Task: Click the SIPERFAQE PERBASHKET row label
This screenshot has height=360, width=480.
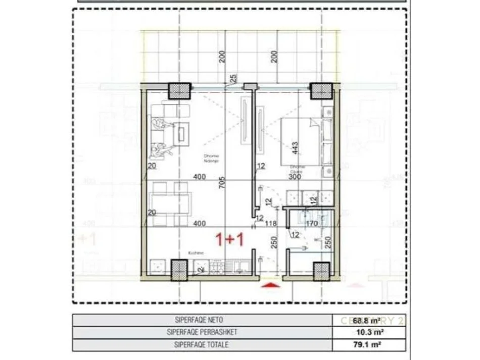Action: coord(203,332)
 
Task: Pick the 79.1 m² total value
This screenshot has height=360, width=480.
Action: coord(373,345)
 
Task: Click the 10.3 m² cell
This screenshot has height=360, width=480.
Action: coord(373,332)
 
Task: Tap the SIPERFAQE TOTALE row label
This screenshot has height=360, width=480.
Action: coord(203,345)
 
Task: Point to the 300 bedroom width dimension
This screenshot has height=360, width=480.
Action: coord(295,177)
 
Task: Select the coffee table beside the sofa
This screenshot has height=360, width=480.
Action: coord(180,134)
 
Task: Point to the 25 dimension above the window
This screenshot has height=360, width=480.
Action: coord(233,79)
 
